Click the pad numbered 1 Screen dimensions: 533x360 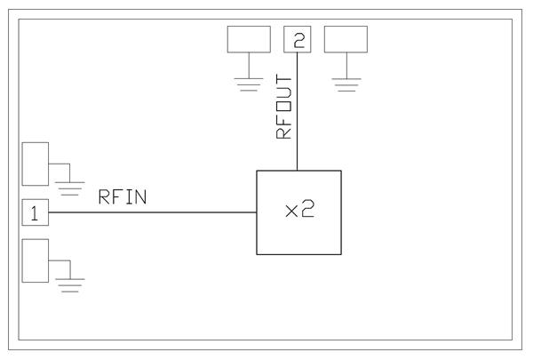pos(36,212)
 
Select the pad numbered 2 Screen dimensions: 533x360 pos(298,39)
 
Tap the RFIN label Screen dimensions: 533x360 pos(123,197)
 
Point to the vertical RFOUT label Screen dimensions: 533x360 pos(284,107)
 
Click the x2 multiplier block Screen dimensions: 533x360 pos(298,212)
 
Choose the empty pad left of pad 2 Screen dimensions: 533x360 pos(249,39)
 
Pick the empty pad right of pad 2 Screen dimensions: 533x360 pos(346,39)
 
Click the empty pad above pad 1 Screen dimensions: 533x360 pos(36,164)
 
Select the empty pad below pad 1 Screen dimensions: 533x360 pos(36,260)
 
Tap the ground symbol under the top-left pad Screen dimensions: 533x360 pos(249,84)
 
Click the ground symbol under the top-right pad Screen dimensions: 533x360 pos(346,84)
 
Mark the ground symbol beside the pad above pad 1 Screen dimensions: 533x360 pos(70,188)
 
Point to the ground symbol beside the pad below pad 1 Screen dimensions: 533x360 pos(70,285)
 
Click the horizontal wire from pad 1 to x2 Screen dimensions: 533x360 pos(152,212)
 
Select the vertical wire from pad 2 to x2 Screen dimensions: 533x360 pos(298,111)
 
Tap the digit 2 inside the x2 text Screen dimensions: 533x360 pos(307,209)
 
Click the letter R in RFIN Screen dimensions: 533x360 pos(104,197)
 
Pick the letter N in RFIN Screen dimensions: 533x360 pos(141,197)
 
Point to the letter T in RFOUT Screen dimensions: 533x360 pos(284,80)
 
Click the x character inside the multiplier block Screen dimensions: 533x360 pos(291,212)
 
